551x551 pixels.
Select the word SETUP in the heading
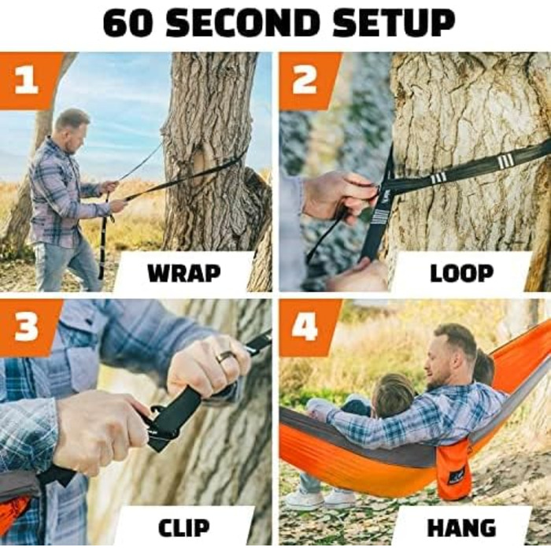[394, 23]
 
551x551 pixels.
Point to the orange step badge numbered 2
[309, 81]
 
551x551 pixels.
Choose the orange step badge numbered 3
[30, 327]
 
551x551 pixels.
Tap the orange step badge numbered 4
[309, 327]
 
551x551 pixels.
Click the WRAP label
[184, 273]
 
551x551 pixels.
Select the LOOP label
[462, 273]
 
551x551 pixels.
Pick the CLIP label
[183, 527]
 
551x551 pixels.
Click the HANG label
[461, 527]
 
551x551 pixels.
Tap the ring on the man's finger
[226, 357]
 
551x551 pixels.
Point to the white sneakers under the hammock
[320, 499]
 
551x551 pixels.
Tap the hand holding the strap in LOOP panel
[339, 195]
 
